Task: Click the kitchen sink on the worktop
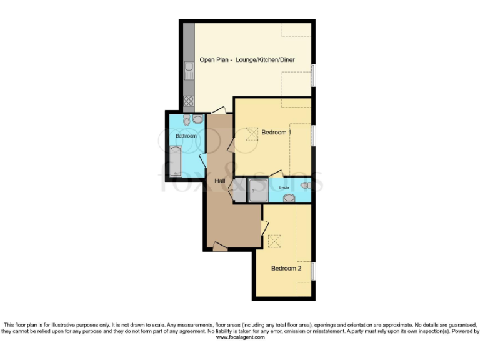pyautogui.click(x=188, y=70)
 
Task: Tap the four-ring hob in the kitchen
pyautogui.click(x=188, y=101)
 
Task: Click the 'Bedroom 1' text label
pyautogui.click(x=276, y=132)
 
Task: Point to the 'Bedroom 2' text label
pyautogui.click(x=286, y=268)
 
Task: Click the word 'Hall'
pyautogui.click(x=220, y=181)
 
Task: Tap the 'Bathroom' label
pyautogui.click(x=186, y=136)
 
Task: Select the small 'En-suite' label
pyautogui.click(x=275, y=186)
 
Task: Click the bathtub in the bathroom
pyautogui.click(x=176, y=161)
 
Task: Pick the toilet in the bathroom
pyautogui.click(x=198, y=119)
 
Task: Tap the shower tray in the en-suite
pyautogui.click(x=257, y=191)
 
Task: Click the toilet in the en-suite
pyautogui.click(x=304, y=185)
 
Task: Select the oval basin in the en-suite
pyautogui.click(x=289, y=198)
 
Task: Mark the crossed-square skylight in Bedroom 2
pyautogui.click(x=274, y=241)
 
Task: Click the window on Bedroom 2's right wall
pyautogui.click(x=313, y=271)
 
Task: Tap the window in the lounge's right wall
pyautogui.click(x=313, y=76)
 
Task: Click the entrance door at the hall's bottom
pyautogui.click(x=218, y=248)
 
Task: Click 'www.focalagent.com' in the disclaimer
pyautogui.click(x=241, y=337)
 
